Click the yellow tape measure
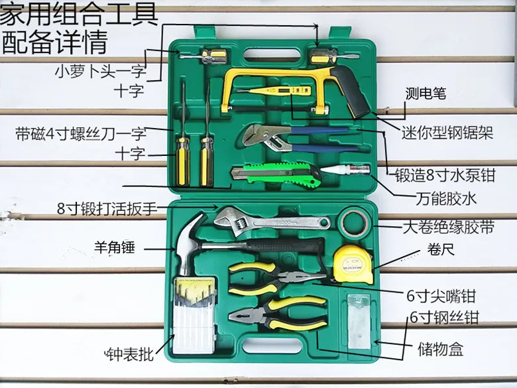click(353, 264)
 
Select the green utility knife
click(276, 175)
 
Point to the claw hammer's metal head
click(188, 243)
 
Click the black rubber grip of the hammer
click(285, 245)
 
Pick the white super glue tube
click(345, 170)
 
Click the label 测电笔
click(426, 94)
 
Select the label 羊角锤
click(115, 247)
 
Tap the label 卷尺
click(441, 249)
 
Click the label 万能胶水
click(446, 198)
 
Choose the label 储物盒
click(441, 349)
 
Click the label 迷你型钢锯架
click(447, 133)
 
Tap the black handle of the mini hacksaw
click(351, 90)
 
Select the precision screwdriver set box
click(195, 316)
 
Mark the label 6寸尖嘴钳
click(441, 296)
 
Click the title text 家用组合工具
click(78, 14)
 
